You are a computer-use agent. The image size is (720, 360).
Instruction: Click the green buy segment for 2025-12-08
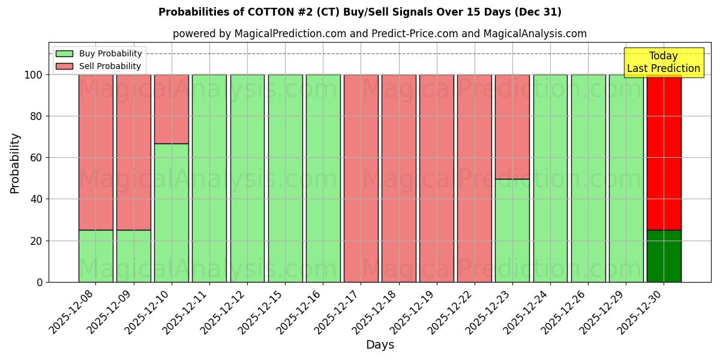pyautogui.click(x=95, y=256)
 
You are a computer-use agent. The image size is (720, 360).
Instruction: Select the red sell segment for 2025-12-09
pyautogui.click(x=133, y=152)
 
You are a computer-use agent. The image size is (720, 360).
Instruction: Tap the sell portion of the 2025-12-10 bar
pyautogui.click(x=171, y=109)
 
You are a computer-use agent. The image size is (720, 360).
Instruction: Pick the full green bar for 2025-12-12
pyautogui.click(x=247, y=178)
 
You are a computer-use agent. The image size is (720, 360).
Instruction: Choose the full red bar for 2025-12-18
pyautogui.click(x=398, y=178)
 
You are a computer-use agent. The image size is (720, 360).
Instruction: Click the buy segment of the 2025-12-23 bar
pyautogui.click(x=512, y=230)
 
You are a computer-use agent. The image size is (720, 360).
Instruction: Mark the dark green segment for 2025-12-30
pyautogui.click(x=664, y=256)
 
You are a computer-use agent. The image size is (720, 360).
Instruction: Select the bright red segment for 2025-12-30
pyautogui.click(x=664, y=152)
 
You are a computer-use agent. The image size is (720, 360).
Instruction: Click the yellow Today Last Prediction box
pyautogui.click(x=663, y=62)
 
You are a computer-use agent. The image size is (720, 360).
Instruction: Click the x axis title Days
pyautogui.click(x=380, y=345)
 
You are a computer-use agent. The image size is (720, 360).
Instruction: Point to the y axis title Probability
pyautogui.click(x=15, y=163)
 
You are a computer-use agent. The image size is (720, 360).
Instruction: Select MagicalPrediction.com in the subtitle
pyautogui.click(x=289, y=34)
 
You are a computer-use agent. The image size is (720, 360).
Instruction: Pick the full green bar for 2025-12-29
pyautogui.click(x=626, y=178)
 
